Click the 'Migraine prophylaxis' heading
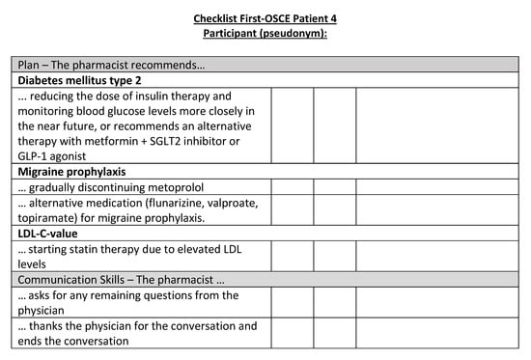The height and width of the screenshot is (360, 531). coord(73,170)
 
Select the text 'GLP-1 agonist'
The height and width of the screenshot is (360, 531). coord(59,155)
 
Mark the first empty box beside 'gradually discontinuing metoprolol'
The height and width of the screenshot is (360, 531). coord(293,186)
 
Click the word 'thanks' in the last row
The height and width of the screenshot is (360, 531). coord(52,326)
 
